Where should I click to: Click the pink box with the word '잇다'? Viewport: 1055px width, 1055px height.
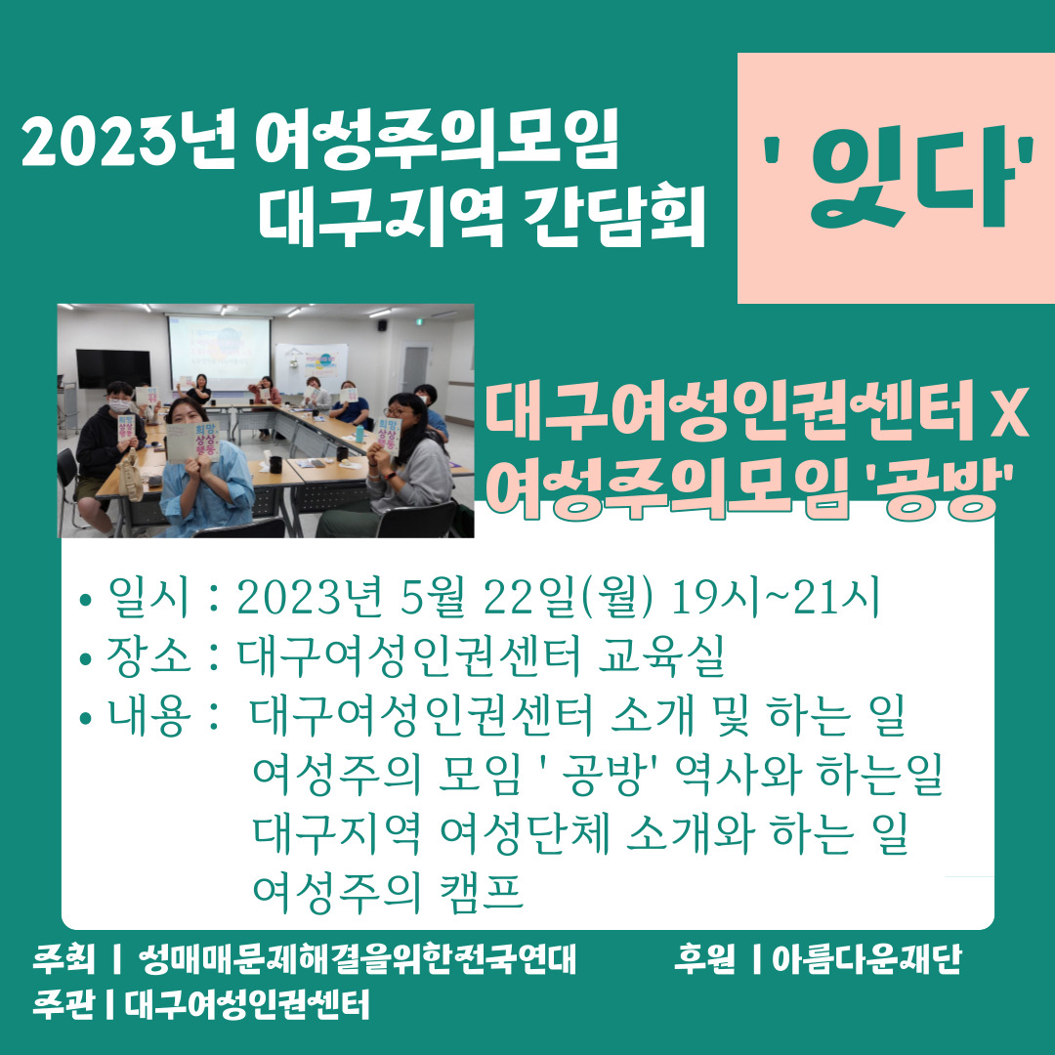click(896, 179)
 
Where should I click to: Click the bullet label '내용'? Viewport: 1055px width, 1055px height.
click(149, 714)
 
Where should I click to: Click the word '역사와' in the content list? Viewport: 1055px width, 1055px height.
click(738, 774)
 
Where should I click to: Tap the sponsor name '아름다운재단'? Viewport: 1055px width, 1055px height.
click(867, 960)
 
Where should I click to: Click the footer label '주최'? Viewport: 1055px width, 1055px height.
click(63, 960)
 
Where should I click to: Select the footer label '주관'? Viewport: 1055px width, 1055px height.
click(63, 1004)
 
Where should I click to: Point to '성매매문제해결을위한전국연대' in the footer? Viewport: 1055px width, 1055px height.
click(357, 960)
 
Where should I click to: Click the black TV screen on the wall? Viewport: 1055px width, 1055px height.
click(113, 368)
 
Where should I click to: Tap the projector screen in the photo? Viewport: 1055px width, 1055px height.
click(219, 353)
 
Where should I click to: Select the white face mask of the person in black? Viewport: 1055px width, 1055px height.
click(119, 405)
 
